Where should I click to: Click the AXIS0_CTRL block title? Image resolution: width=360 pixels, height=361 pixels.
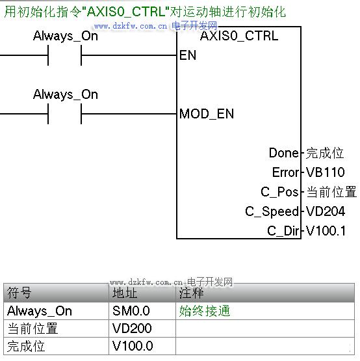coord(239,36)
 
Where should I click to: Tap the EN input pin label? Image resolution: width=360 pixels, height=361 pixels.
coord(188,55)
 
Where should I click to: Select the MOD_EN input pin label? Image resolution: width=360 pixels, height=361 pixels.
coord(207,114)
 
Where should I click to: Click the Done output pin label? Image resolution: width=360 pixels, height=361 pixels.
coord(283,153)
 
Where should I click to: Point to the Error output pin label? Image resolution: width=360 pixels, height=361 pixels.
coord(285,172)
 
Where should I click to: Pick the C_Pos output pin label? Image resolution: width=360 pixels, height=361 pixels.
coord(279,192)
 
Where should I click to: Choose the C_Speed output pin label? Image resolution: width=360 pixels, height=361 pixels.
coord(272,211)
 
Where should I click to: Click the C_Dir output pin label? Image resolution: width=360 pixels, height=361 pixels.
coord(283,231)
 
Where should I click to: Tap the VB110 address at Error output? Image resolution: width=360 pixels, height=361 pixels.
coord(326,172)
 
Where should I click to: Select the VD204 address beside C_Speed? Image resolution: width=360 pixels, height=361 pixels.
coord(326,211)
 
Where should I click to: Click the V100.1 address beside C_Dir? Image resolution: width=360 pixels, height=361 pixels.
coord(326,231)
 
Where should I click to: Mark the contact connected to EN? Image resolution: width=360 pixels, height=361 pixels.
coord(64,55)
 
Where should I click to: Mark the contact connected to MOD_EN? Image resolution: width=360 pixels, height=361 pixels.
coord(64,114)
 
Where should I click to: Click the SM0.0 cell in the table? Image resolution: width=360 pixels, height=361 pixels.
coord(131,311)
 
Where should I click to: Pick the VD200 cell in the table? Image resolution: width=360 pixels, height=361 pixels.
coord(132,328)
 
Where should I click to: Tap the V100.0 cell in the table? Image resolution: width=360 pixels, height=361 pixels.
coord(133,346)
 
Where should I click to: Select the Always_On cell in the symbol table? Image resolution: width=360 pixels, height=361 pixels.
coord(40,312)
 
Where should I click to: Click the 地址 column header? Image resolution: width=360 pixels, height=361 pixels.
coord(125,293)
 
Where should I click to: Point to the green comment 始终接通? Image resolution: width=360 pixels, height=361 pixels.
coord(205,311)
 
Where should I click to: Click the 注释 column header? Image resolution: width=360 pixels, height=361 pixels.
coord(192,293)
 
